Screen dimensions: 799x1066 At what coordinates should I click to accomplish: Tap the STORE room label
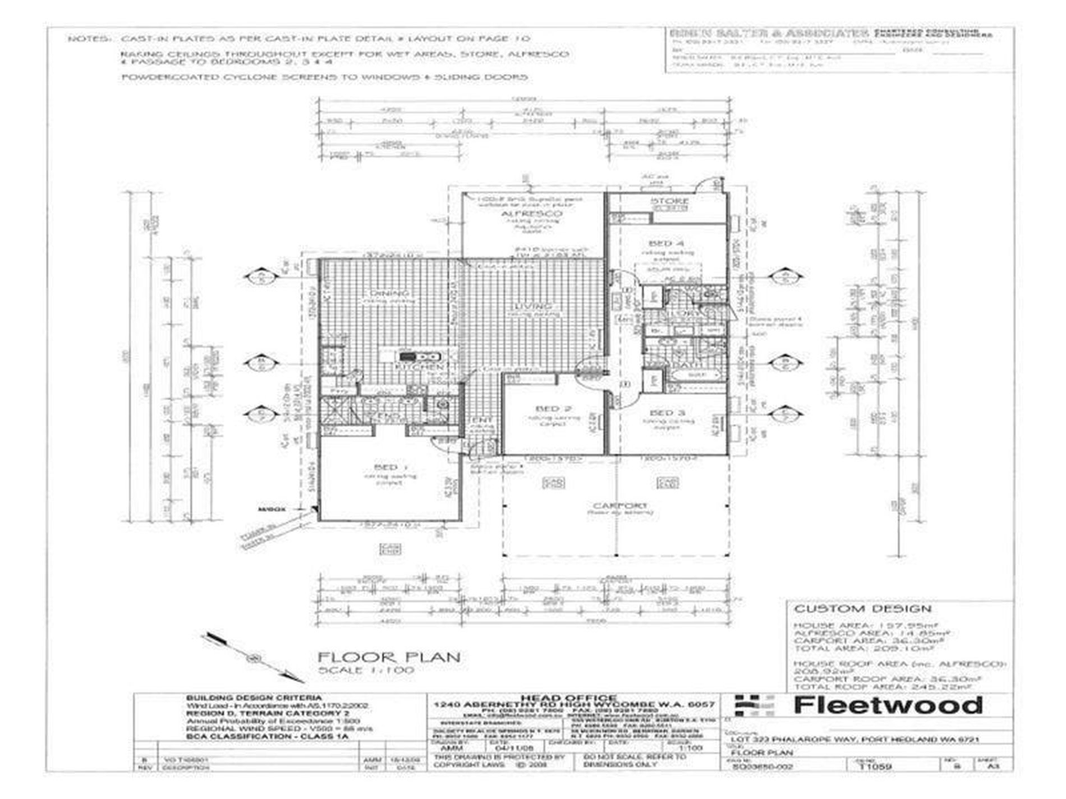click(669, 201)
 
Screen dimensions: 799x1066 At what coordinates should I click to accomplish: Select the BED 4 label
click(666, 243)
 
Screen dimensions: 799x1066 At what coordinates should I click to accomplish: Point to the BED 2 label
click(553, 408)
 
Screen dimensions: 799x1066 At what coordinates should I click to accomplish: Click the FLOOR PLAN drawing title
click(389, 657)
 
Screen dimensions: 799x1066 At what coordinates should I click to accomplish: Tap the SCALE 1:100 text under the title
click(366, 671)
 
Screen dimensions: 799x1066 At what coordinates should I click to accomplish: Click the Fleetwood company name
click(888, 705)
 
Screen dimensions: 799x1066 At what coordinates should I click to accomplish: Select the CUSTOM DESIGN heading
click(862, 609)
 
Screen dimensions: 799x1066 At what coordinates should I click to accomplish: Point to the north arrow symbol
click(255, 657)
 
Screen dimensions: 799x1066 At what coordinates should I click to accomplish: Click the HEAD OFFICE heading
click(575, 698)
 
